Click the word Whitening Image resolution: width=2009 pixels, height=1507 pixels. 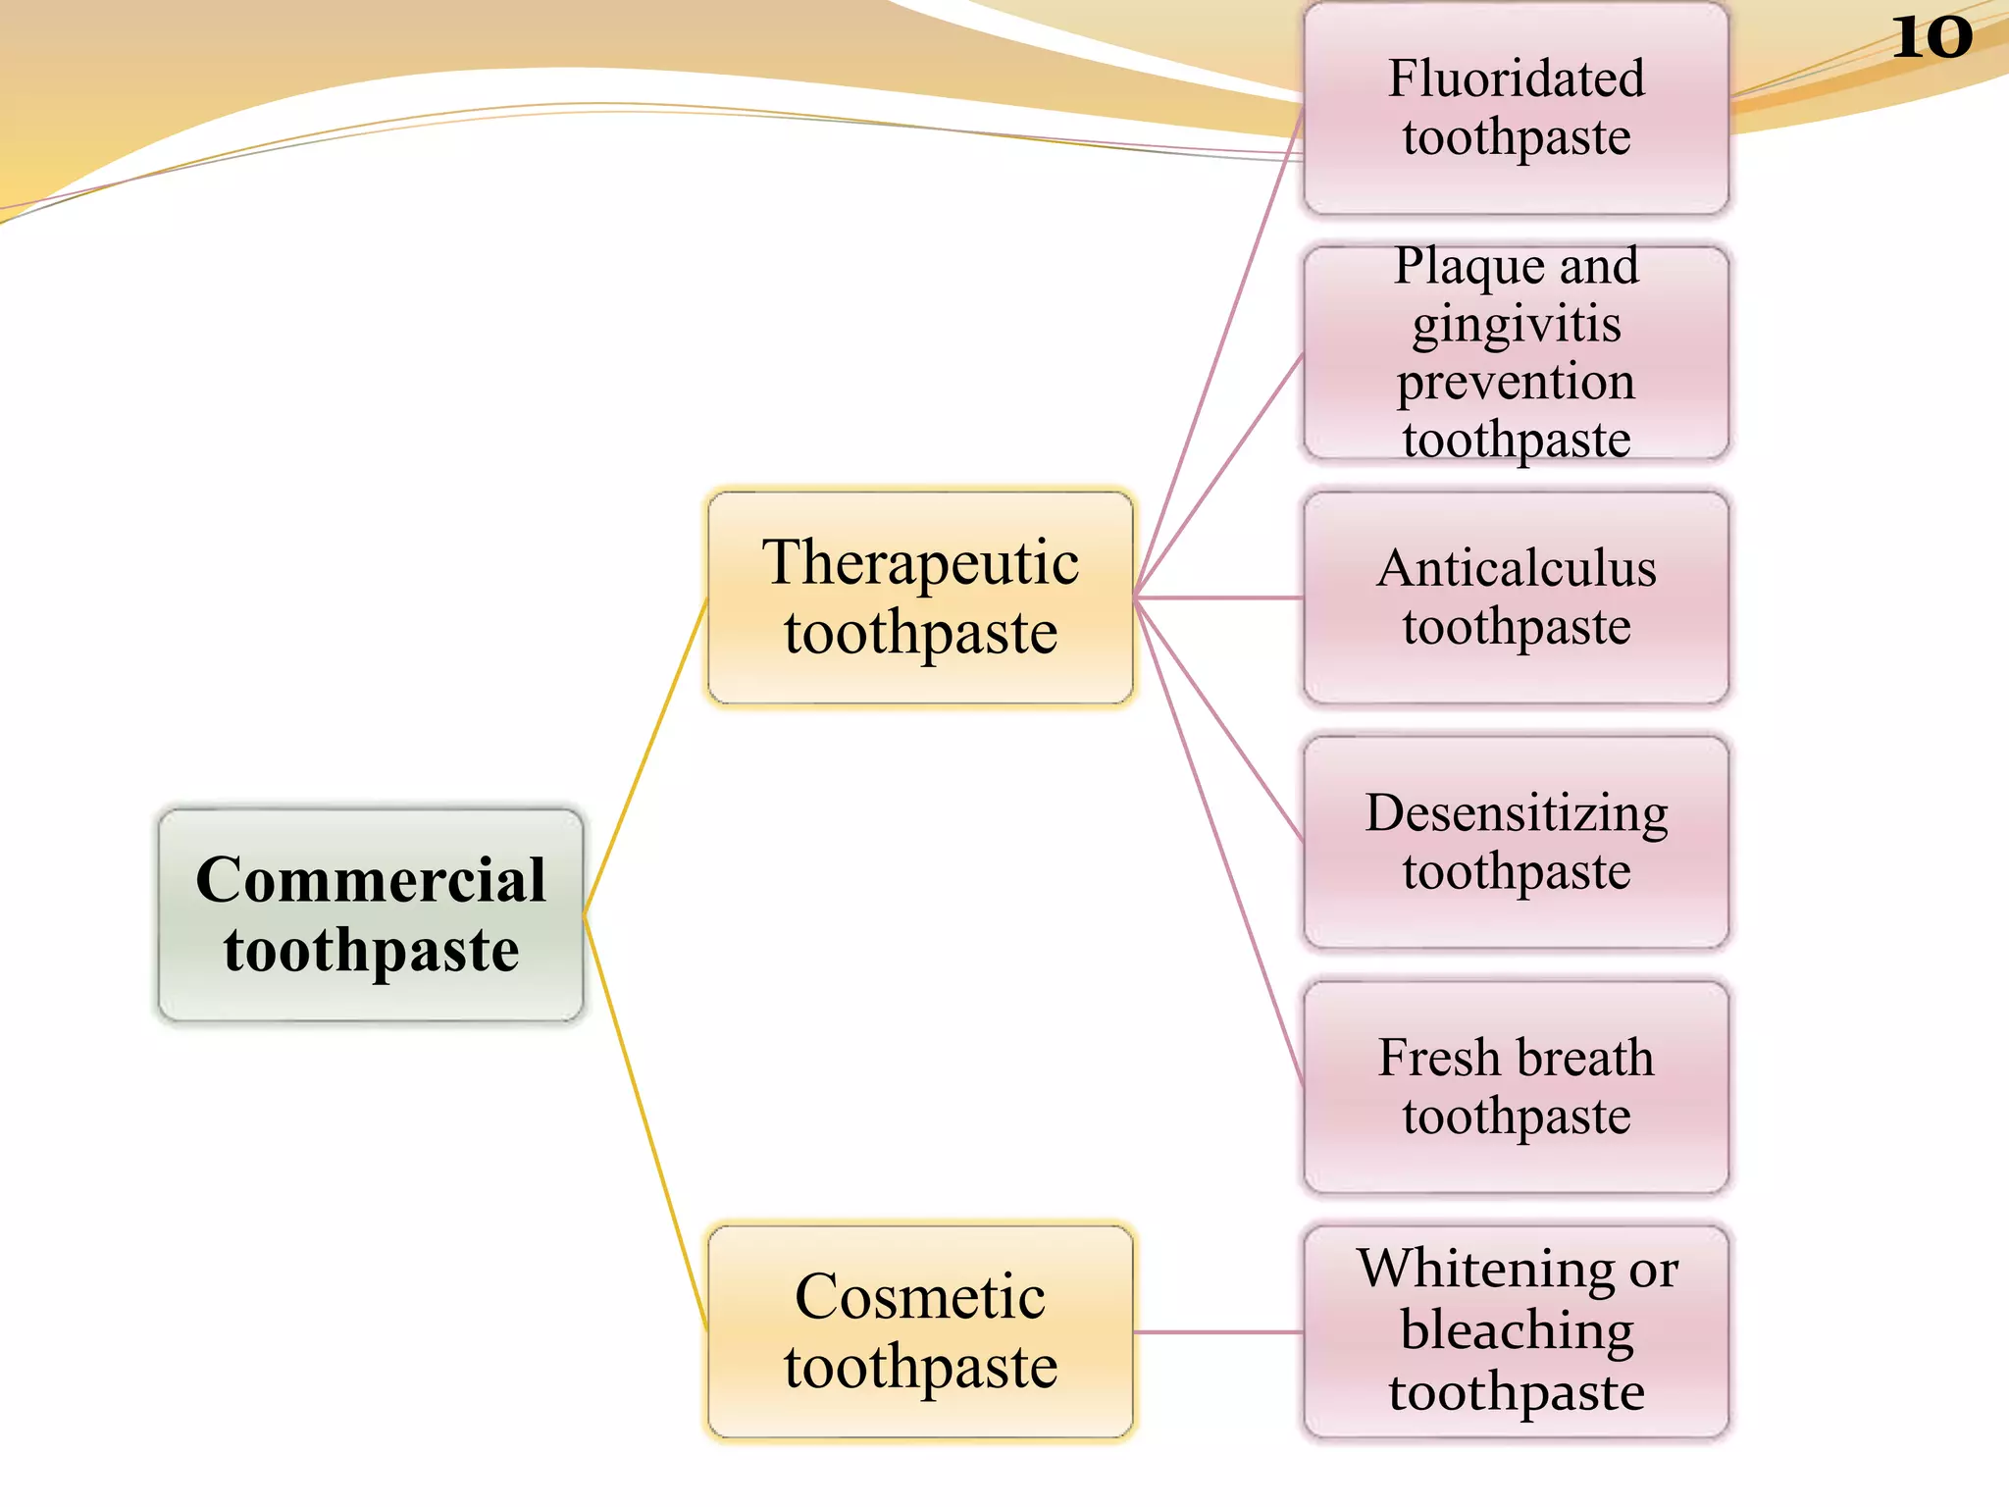[x=1486, y=1269]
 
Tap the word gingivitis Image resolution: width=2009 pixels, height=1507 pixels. [x=1517, y=324]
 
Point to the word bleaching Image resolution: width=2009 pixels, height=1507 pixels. [x=1517, y=1331]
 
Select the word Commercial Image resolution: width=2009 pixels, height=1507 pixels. [x=371, y=879]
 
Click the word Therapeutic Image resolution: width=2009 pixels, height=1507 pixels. [x=920, y=563]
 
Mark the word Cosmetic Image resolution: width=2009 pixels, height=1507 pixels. [x=920, y=1297]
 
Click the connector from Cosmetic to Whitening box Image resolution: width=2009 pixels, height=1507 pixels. [x=1218, y=1332]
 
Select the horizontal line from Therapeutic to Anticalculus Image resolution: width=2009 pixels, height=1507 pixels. [x=1218, y=597]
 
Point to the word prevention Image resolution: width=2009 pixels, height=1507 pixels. [x=1517, y=383]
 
